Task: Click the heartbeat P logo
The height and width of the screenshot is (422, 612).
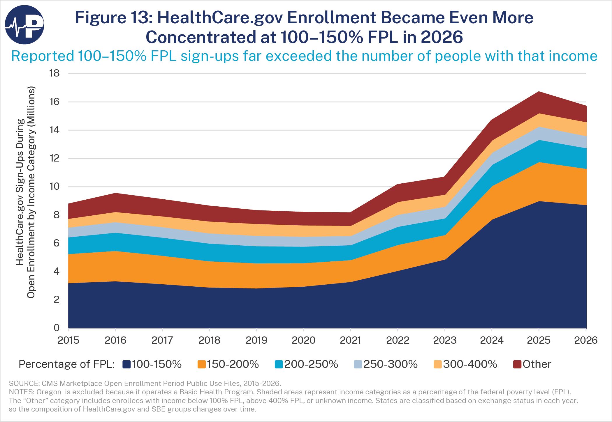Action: pos(24,25)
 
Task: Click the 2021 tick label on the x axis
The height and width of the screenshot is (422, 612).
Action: pos(350,340)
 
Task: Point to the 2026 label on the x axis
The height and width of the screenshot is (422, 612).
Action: pos(586,340)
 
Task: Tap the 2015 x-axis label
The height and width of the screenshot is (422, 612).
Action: pos(68,340)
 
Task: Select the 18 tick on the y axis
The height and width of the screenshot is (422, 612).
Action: pos(54,73)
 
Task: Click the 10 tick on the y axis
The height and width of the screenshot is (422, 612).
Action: pos(54,187)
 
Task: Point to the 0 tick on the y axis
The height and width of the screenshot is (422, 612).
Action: pos(57,328)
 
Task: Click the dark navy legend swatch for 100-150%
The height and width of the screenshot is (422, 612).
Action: pos(126,364)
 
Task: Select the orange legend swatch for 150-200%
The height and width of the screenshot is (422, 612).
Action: pos(201,364)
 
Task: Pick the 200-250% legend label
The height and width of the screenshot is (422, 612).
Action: pos(311,364)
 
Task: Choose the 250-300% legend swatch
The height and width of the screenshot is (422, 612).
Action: pos(358,364)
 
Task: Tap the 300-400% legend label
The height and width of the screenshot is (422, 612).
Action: pos(470,364)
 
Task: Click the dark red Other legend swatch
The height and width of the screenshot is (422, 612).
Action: pos(517,364)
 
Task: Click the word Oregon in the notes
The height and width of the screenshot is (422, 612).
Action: pos(49,392)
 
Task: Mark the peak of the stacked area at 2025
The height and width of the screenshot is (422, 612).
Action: pos(539,92)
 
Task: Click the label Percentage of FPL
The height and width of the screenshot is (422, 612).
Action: pos(67,364)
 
